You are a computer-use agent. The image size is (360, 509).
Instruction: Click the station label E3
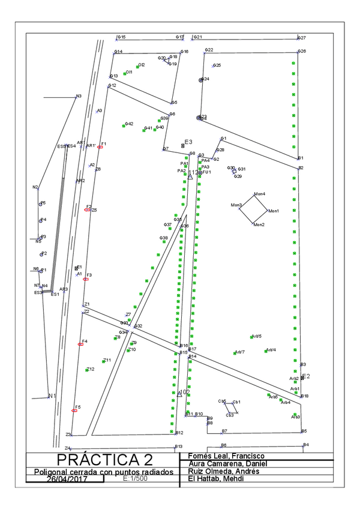[x=188, y=142]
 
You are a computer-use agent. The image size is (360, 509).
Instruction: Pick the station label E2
[x=305, y=376]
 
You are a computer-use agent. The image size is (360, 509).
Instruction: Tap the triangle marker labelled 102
[x=179, y=394]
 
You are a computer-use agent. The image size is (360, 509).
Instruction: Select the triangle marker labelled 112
[x=190, y=176]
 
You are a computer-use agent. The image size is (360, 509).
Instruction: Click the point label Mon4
[x=259, y=194]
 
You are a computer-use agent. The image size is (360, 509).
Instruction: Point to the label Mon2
[x=259, y=224]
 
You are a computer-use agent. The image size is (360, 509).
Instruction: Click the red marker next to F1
[x=100, y=147]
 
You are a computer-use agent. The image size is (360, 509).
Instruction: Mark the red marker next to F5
[x=74, y=411]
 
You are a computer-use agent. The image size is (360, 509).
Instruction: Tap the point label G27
[x=302, y=37]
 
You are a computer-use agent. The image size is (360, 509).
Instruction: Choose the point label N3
[x=78, y=96]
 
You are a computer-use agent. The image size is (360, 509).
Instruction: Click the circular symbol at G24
[x=201, y=79]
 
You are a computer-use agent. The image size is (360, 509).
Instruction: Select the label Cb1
[x=236, y=402]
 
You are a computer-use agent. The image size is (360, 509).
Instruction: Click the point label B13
[x=178, y=447]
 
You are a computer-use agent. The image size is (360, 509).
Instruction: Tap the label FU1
[x=207, y=172]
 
